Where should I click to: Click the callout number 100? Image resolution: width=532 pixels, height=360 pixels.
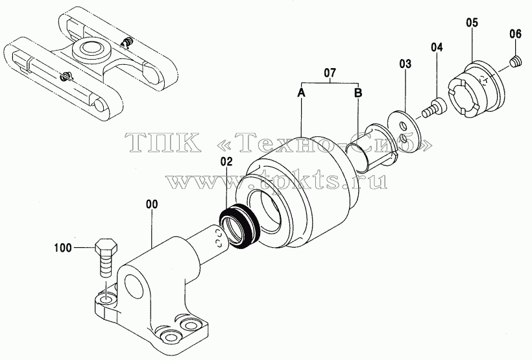pos(63,248)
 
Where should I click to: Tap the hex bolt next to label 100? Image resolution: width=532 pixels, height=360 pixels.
pos(107,258)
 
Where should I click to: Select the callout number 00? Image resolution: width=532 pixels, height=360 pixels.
pos(152,204)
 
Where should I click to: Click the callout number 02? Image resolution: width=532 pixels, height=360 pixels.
pos(226,162)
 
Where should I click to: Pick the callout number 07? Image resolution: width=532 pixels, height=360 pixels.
pos(330,73)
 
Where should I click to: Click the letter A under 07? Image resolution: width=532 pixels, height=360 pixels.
pos(301,92)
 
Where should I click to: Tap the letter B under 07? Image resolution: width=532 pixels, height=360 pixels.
pos(358,92)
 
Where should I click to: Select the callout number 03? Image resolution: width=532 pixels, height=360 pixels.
pos(405,64)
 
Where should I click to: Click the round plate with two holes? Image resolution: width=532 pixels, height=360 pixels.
pos(404,132)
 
